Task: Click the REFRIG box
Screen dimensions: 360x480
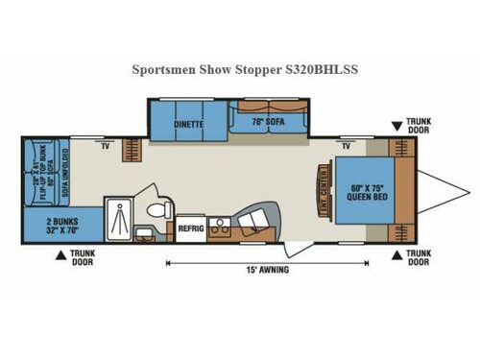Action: [189, 228]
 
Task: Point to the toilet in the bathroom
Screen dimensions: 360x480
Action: [159, 208]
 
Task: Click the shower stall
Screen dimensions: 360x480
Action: [122, 211]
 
